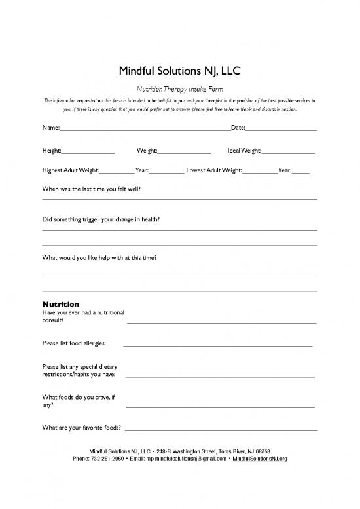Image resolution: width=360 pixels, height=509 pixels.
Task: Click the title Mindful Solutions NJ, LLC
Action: (x=179, y=70)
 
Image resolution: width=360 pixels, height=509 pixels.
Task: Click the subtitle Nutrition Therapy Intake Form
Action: (x=179, y=88)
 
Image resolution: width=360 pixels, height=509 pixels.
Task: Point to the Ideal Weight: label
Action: (x=243, y=151)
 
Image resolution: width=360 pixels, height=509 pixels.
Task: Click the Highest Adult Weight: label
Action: (x=70, y=171)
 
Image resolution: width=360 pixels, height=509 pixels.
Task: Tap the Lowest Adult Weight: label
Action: (x=214, y=171)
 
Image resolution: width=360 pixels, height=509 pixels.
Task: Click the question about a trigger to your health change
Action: (x=101, y=220)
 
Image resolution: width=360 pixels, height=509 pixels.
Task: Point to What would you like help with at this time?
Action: (x=99, y=257)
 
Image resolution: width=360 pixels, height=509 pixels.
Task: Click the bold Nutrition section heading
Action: (x=60, y=304)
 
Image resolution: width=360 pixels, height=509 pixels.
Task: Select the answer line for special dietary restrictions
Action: (x=220, y=377)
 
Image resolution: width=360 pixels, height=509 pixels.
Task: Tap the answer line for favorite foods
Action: (x=221, y=430)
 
